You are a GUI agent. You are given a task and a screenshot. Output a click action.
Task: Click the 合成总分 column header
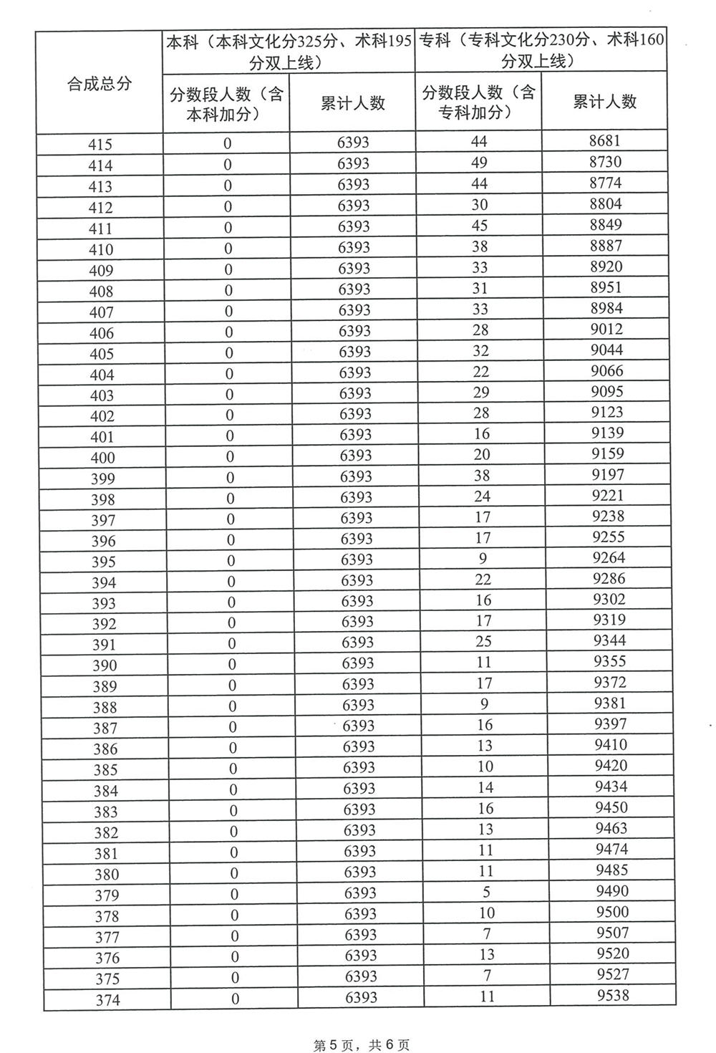(100, 84)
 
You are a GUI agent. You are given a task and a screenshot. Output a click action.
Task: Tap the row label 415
(100, 145)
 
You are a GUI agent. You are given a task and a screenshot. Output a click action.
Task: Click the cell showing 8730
(605, 162)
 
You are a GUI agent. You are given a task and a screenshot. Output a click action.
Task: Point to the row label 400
(102, 458)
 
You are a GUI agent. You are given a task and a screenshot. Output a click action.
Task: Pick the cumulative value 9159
(608, 453)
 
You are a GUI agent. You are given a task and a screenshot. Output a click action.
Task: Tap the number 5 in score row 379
(486, 892)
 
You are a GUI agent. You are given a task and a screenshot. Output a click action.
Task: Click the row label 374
(107, 1001)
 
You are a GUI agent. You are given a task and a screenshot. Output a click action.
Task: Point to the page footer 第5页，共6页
(362, 1045)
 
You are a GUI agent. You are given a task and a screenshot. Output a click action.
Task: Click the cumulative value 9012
(607, 329)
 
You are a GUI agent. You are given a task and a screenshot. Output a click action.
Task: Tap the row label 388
(105, 708)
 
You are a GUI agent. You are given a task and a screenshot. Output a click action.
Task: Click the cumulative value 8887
(606, 246)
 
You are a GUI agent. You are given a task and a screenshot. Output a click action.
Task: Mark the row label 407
(101, 312)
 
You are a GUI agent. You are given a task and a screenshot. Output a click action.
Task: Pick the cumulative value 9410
(611, 745)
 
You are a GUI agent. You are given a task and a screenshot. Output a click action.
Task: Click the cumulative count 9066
(607, 370)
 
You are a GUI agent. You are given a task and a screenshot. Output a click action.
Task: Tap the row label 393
(104, 603)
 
